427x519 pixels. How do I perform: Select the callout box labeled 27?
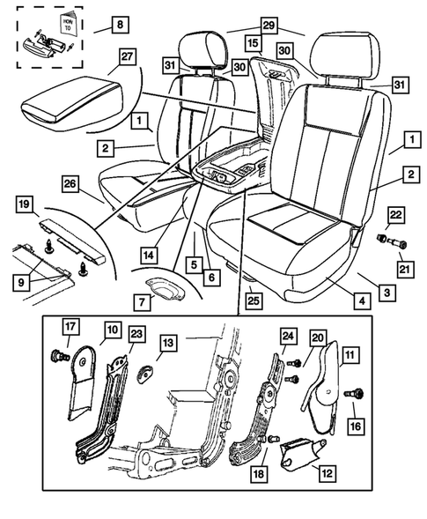(x=126, y=56)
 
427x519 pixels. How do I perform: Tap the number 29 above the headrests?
(x=269, y=26)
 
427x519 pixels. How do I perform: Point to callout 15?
(x=253, y=42)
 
